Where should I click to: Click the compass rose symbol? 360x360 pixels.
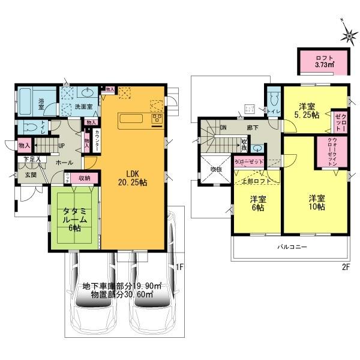pyautogui.click(x=348, y=37)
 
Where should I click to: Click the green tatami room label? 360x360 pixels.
pyautogui.click(x=74, y=219)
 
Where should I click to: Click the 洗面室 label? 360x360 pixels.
pyautogui.click(x=83, y=107)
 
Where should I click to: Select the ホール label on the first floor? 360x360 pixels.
pyautogui.click(x=64, y=163)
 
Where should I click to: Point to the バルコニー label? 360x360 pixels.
pyautogui.click(x=292, y=247)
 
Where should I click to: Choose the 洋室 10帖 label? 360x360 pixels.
pyautogui.click(x=317, y=202)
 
